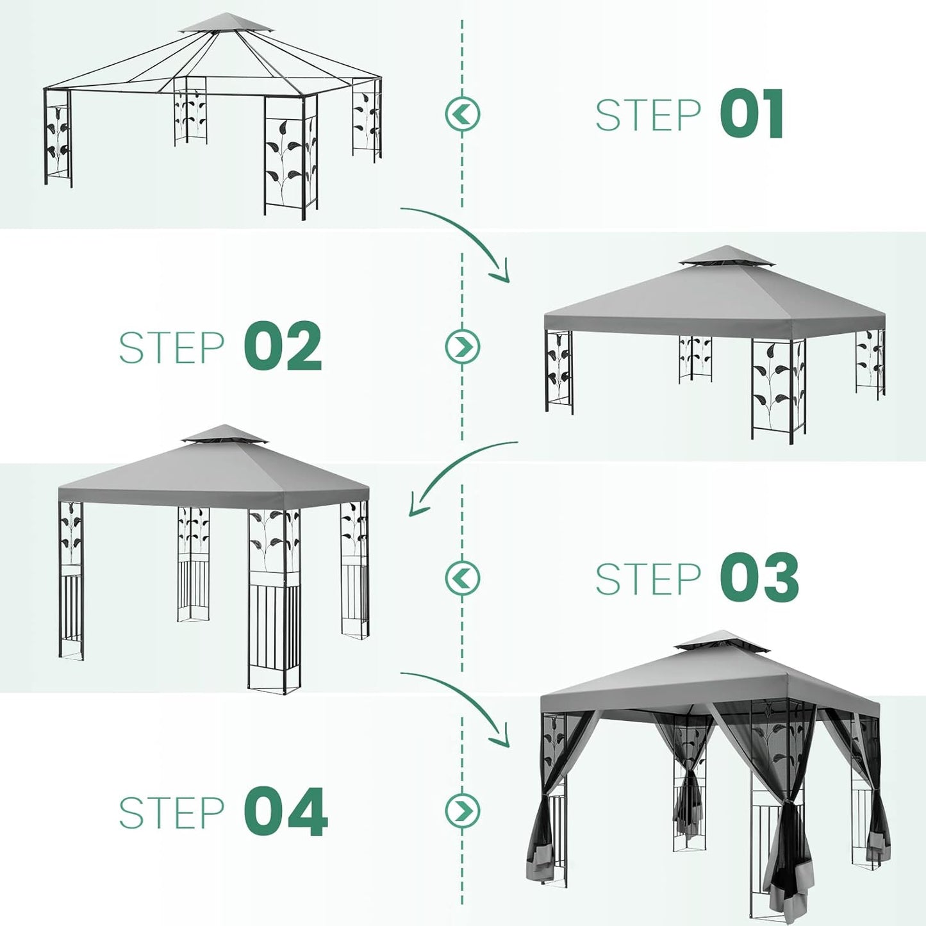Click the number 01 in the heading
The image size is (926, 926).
point(752,114)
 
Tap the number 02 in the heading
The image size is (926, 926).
point(283,347)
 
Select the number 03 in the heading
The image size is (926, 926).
point(760,578)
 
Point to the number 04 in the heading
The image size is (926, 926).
point(286,812)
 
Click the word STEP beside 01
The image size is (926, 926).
point(648,115)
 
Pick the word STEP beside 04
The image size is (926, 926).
point(172,813)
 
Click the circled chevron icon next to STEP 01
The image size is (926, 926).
point(462,114)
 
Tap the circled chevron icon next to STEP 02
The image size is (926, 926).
point(462,346)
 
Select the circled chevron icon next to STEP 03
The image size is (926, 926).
point(462,577)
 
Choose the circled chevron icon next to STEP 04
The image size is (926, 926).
point(462,810)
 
